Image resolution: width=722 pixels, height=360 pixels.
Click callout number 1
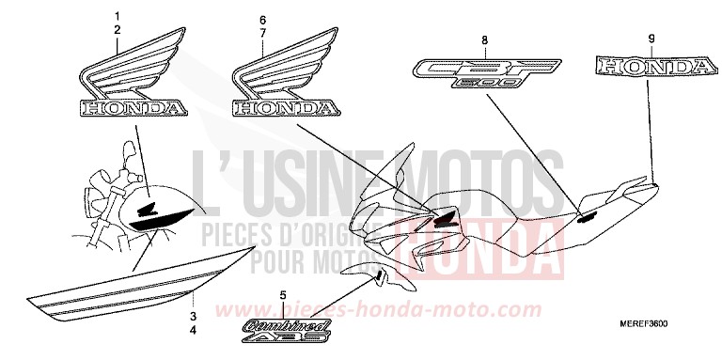[x=118, y=17]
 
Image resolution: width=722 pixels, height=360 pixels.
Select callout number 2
[x=118, y=31]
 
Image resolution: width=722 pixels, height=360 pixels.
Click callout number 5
[x=282, y=296]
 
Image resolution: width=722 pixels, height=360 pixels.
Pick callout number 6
[x=263, y=19]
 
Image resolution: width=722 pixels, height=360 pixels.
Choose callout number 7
[x=263, y=33]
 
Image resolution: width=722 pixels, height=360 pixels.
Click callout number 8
[x=484, y=39]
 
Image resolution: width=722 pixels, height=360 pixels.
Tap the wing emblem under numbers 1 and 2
[x=131, y=84]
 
